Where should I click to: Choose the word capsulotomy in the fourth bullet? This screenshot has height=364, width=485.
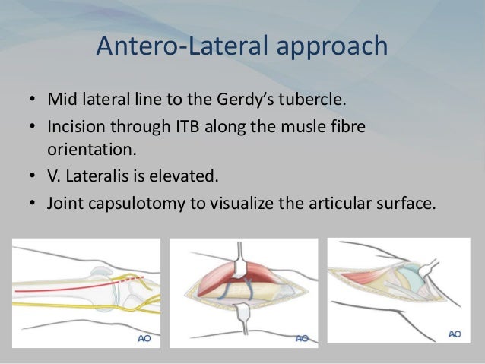pos(128,203)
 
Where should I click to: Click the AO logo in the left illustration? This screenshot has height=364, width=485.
pos(142,337)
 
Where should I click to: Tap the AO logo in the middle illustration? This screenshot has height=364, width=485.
pos(301,337)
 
